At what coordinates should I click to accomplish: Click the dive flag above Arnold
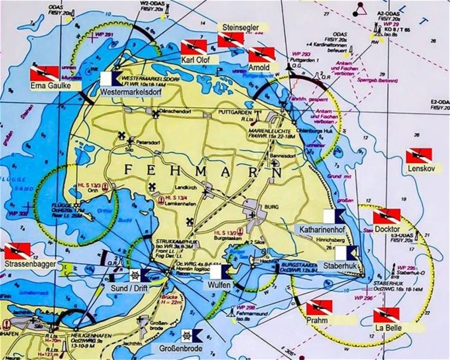(261, 55)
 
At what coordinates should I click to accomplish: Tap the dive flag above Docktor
(387, 216)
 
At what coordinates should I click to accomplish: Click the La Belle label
(385, 328)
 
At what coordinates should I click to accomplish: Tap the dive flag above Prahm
(319, 308)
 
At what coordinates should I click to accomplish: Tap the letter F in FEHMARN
(127, 169)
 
